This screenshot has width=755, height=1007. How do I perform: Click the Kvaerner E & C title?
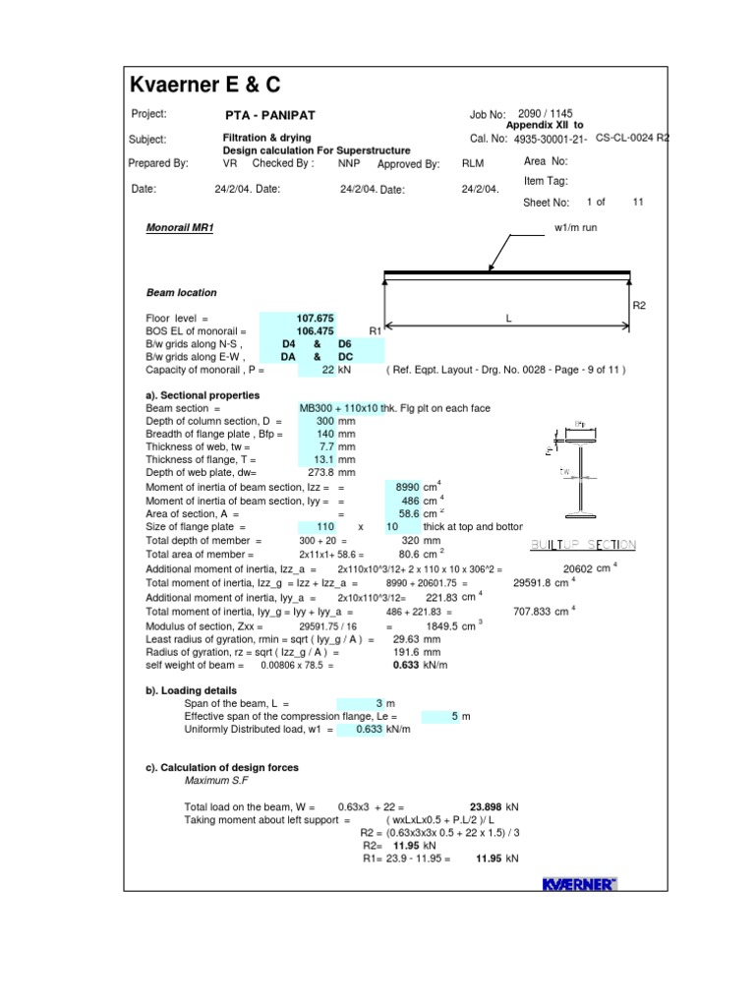(205, 86)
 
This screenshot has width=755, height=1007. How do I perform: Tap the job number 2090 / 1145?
(540, 115)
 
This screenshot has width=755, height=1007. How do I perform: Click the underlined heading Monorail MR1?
(180, 227)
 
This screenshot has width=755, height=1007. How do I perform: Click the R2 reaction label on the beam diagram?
(639, 306)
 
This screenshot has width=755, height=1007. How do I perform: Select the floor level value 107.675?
(316, 319)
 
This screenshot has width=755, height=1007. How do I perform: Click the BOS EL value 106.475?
(316, 331)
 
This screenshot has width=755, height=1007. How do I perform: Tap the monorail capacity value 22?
(328, 370)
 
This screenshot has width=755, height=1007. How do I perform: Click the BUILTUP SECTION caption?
(584, 545)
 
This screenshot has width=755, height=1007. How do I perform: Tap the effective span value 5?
(454, 717)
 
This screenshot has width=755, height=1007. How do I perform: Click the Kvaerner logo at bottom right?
(580, 885)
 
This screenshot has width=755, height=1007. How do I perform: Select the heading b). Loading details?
(194, 690)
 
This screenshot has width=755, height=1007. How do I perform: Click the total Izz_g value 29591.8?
(537, 582)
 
